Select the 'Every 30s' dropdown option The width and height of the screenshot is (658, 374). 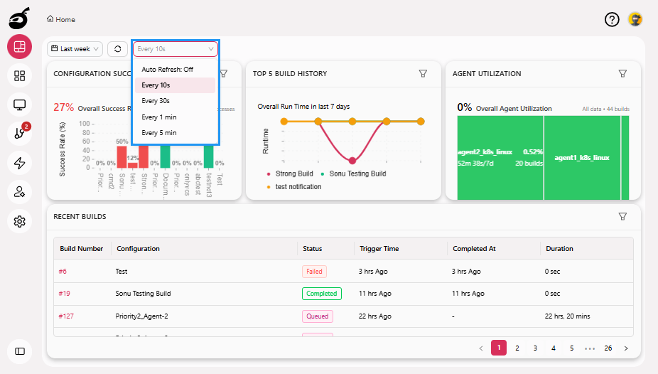pos(155,101)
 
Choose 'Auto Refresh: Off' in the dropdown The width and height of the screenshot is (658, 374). pos(167,70)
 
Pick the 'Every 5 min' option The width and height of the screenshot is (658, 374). pos(158,133)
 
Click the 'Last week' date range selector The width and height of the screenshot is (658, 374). pos(75,49)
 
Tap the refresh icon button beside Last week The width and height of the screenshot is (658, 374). pos(117,49)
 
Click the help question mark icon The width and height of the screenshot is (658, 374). pos(612,20)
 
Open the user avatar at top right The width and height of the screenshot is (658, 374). pos(635,20)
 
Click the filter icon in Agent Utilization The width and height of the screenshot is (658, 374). pos(622,73)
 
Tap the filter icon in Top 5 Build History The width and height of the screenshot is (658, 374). pos(423,73)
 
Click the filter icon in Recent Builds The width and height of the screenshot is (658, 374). pos(622,216)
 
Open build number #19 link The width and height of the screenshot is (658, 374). pos(64,294)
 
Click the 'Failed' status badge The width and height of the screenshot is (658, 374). pos(314,272)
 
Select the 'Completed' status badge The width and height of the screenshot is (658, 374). pos(321,294)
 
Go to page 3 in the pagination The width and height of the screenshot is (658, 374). pos(535,348)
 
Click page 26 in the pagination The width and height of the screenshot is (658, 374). pos(608,348)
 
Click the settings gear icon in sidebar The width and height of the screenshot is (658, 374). pos(20,222)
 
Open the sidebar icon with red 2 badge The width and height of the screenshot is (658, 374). pos(20,133)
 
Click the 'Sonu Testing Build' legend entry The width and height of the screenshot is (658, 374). pos(357,173)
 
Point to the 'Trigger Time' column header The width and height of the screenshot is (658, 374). pos(379,249)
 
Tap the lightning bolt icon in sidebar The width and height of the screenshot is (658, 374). pos(20,163)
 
